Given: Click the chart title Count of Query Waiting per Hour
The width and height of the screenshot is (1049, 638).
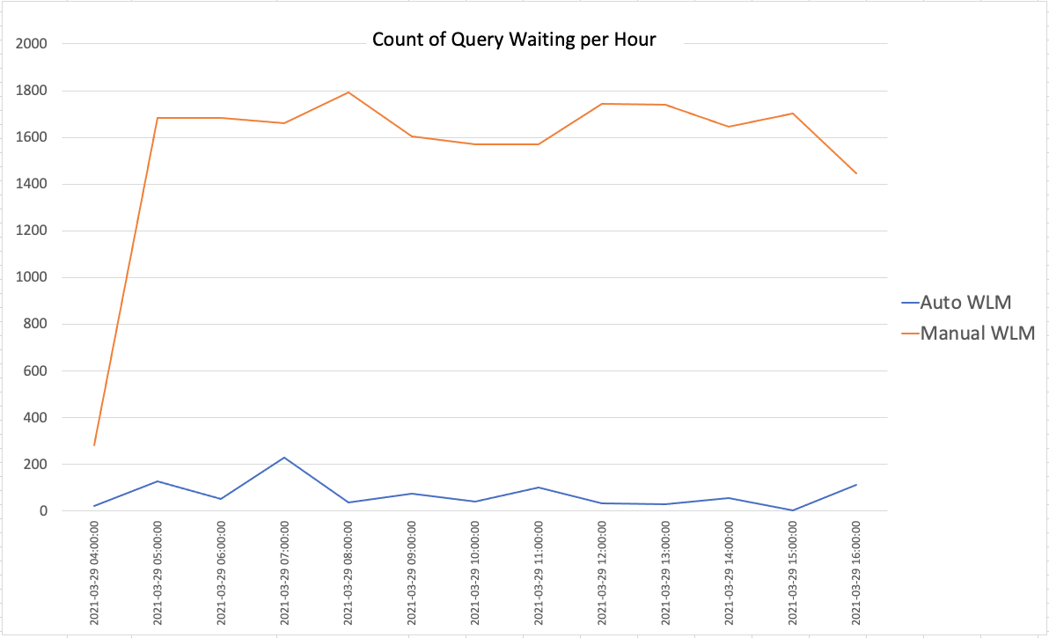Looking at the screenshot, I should click(514, 40).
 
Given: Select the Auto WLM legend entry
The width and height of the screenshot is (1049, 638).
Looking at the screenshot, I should click(965, 303).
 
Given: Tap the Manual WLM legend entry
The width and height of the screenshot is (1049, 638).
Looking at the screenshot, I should click(977, 334).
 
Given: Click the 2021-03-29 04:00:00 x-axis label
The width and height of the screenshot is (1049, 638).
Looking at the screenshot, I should click(94, 572).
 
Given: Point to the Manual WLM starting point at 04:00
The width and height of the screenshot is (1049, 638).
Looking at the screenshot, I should click(94, 445).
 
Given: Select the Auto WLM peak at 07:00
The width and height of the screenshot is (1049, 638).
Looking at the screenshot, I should click(284, 458).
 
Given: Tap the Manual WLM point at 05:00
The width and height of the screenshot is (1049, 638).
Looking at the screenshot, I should click(158, 118).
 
